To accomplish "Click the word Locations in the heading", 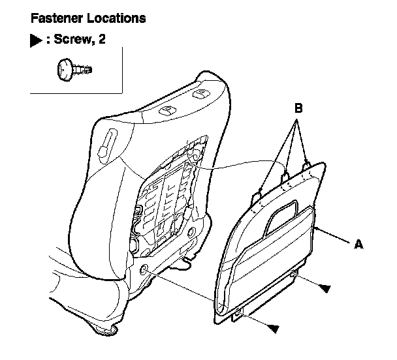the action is [112, 18].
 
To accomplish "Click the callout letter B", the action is [298, 109].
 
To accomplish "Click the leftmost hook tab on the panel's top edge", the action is [259, 192].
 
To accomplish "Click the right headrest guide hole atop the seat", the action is [199, 93].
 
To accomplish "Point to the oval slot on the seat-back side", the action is [108, 141].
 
